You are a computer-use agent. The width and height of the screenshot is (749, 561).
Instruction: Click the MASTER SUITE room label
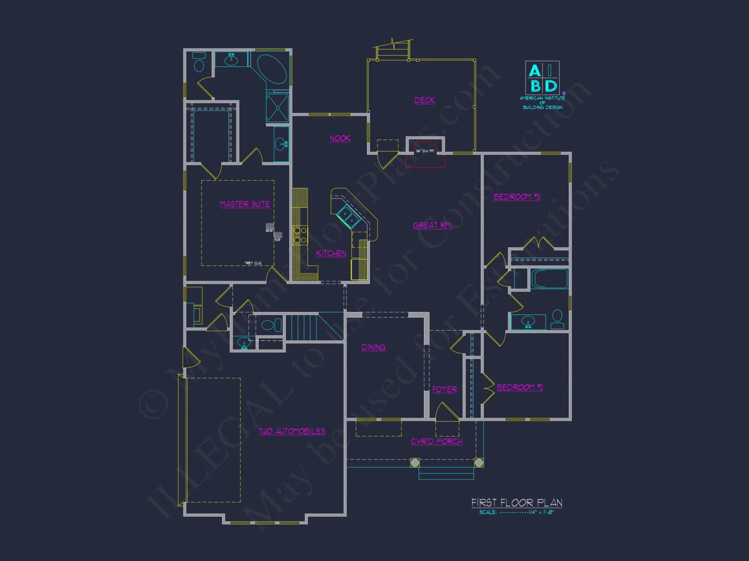coord(245,204)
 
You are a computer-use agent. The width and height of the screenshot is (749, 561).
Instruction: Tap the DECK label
coord(425,100)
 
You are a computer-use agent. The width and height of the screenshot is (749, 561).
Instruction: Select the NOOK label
coord(340,138)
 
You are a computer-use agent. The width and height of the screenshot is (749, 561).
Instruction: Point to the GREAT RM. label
coord(432,225)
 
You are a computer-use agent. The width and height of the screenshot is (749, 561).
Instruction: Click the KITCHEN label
coord(331,253)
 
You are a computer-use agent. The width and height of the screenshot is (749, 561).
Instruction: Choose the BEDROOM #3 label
coord(517,197)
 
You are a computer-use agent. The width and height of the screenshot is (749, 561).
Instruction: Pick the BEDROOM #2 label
coord(519,387)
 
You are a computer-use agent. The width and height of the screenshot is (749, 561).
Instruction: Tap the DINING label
coord(373,347)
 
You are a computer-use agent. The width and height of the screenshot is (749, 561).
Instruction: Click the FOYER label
coord(445,389)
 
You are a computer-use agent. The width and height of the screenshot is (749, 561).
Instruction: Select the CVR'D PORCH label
coord(436,441)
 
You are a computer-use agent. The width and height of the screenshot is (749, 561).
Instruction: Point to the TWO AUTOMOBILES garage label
coord(292,431)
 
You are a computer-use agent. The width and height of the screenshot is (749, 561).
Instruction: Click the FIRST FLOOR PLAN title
coord(516,503)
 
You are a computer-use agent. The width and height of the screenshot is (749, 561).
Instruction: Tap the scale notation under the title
coord(516,512)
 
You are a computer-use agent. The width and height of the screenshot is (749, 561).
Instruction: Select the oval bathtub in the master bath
coord(272,69)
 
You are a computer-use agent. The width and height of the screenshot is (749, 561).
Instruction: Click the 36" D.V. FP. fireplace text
coord(425,151)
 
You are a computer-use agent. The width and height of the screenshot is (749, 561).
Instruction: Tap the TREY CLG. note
coord(253,263)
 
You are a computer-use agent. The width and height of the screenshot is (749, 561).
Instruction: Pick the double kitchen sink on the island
coord(348,217)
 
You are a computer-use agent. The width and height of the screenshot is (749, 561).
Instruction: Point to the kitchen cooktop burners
coord(300,235)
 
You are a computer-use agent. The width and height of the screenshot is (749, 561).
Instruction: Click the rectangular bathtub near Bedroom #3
coord(549,279)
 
